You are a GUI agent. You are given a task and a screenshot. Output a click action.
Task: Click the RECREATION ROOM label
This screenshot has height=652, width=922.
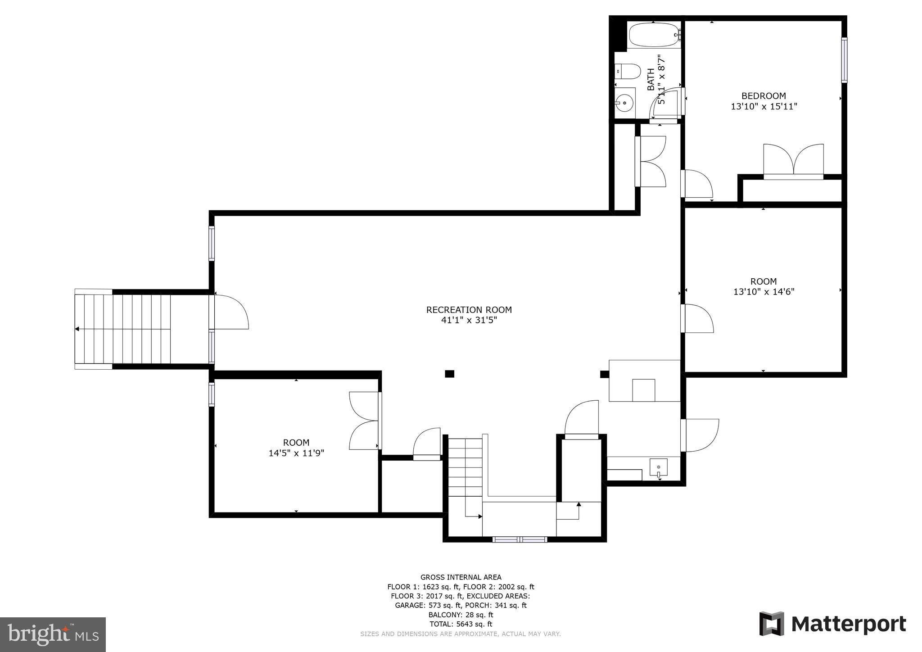[469, 310]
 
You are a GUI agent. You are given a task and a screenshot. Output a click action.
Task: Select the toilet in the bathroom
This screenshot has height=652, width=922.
[628, 71]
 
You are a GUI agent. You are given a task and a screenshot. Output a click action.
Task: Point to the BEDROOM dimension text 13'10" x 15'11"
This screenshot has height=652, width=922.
[764, 107]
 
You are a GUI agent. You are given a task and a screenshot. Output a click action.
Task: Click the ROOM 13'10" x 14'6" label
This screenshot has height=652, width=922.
[764, 286]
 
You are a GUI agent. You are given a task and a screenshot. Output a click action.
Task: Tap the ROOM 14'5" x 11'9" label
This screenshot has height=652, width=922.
[296, 448]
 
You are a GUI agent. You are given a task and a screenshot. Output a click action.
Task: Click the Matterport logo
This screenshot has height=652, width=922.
[832, 624]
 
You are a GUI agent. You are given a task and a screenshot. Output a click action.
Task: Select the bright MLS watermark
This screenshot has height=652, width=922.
[53, 634]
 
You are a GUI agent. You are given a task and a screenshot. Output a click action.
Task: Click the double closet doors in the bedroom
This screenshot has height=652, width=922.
[793, 161]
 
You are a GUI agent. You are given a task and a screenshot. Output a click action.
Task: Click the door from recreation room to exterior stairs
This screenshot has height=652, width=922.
[230, 312]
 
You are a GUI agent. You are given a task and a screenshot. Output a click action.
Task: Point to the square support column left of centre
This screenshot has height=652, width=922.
[449, 373]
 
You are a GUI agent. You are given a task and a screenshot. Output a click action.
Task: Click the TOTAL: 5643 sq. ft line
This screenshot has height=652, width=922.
[461, 624]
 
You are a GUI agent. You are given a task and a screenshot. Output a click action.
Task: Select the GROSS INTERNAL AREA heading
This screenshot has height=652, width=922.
[461, 577]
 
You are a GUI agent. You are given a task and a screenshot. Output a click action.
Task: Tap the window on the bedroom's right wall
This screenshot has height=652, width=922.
[844, 60]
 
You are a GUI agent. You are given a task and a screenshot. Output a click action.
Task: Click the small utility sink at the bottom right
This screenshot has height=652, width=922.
[658, 468]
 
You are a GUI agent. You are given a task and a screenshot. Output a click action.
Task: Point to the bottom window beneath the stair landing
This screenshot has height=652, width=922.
[520, 539]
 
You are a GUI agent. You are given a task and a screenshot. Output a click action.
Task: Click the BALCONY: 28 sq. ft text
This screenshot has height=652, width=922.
[461, 615]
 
